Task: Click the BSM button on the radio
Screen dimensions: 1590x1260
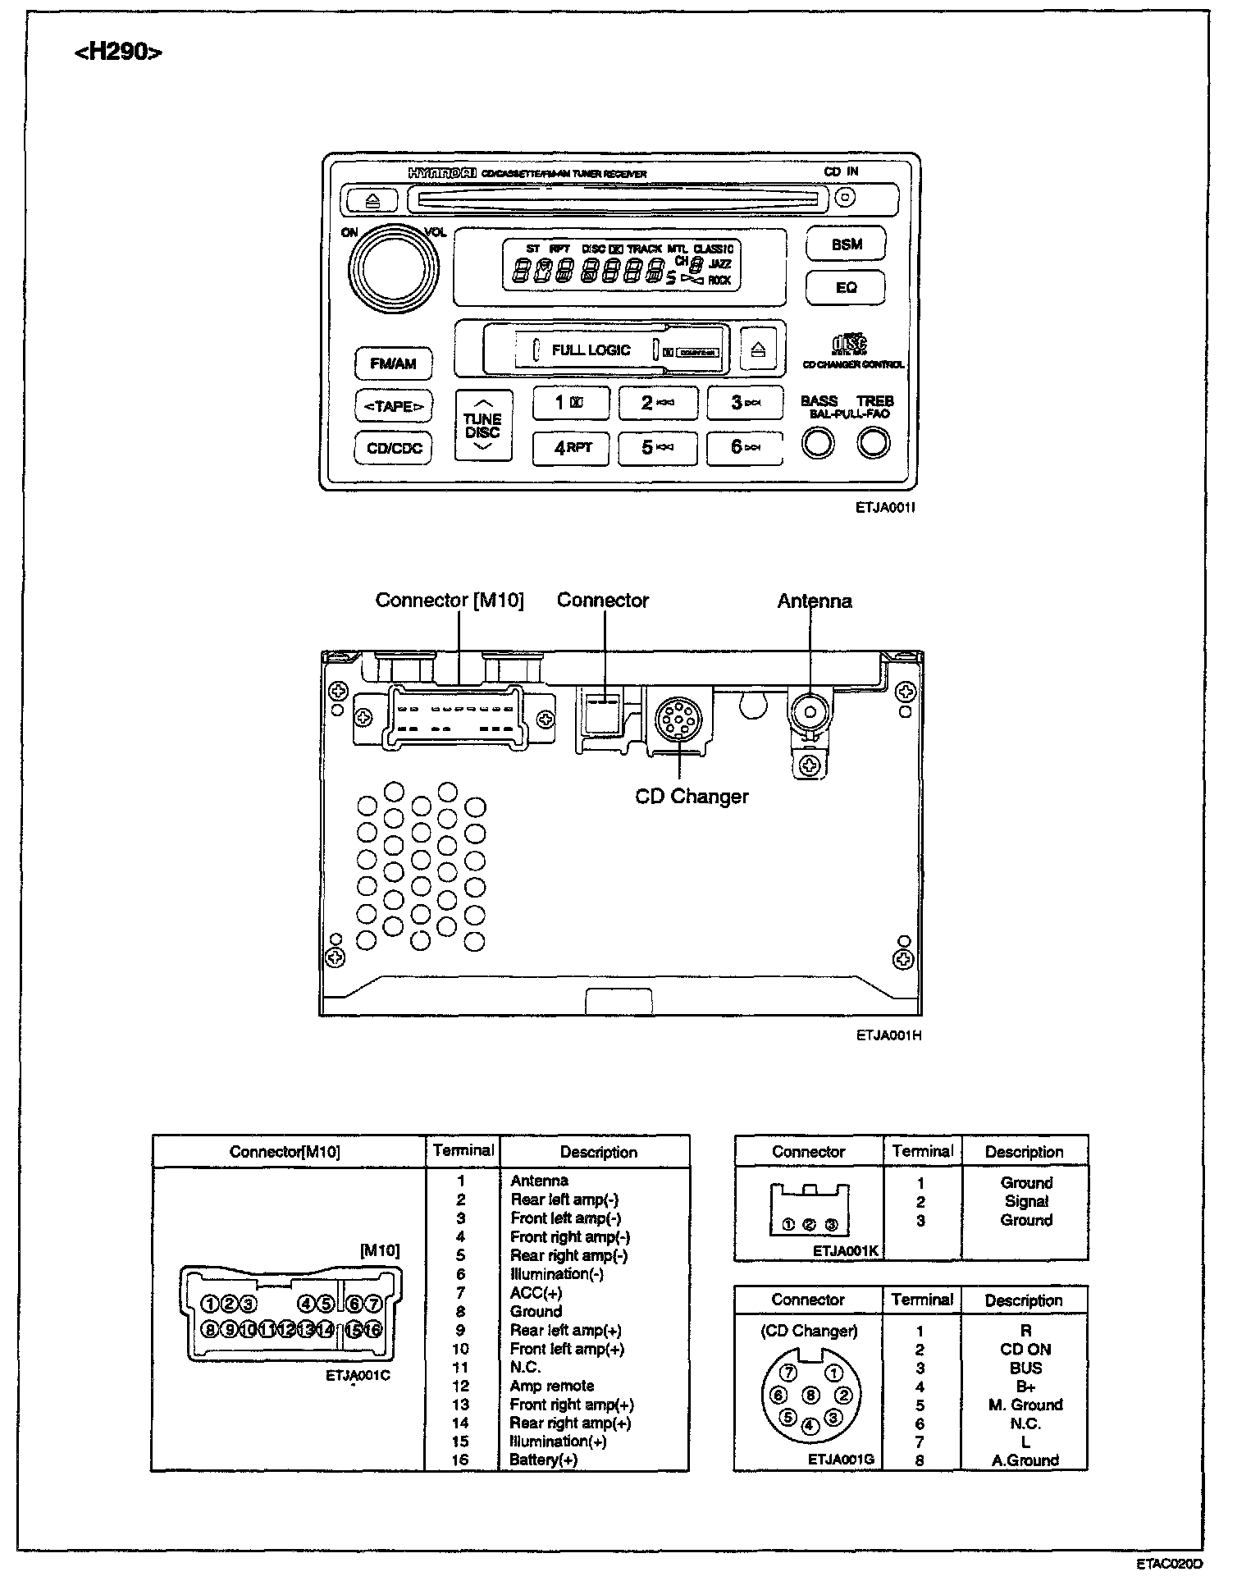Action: coord(846,244)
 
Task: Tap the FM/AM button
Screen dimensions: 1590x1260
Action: coord(393,363)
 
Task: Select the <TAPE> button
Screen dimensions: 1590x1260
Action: coord(394,406)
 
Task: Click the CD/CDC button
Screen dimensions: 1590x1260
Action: coord(394,448)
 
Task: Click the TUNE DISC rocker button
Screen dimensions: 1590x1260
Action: coord(482,425)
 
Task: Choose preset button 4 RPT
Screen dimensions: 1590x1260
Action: coord(571,447)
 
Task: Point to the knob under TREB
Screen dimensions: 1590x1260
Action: coord(873,444)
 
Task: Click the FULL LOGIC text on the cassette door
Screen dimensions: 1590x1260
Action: coord(591,350)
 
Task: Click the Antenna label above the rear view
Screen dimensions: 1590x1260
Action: coord(814,601)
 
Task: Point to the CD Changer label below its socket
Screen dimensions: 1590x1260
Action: coord(692,797)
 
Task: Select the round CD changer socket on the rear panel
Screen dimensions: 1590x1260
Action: coord(679,719)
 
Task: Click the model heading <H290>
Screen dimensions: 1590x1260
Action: coord(118,53)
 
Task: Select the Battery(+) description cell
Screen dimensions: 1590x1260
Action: coord(543,1460)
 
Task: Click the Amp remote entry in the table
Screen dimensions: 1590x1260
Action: coord(551,1386)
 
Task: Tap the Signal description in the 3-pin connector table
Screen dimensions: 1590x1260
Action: coord(1026,1201)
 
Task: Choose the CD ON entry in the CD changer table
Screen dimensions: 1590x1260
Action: coord(1025,1349)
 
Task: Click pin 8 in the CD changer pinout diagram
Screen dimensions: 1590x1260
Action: coord(810,1395)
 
